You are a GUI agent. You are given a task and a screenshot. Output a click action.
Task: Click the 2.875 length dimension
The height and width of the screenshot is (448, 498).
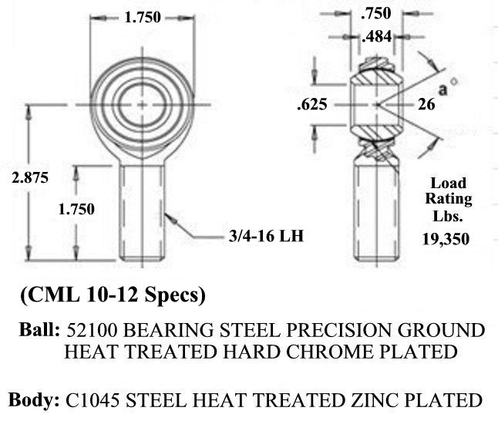tap(30, 177)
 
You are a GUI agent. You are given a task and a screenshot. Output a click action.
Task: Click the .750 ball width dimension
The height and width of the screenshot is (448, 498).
tap(376, 13)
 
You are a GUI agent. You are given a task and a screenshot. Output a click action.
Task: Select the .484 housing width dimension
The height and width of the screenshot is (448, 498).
tap(377, 36)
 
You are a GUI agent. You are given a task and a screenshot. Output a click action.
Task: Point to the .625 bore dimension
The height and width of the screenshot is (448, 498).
tap(312, 105)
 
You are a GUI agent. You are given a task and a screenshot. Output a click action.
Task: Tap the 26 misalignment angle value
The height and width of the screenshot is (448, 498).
tap(426, 104)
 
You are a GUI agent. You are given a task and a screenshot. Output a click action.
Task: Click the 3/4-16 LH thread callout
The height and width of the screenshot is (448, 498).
tap(266, 236)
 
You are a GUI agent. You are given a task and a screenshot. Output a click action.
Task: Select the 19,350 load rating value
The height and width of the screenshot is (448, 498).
tap(446, 239)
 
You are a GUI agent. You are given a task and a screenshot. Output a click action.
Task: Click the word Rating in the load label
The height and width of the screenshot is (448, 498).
tap(449, 200)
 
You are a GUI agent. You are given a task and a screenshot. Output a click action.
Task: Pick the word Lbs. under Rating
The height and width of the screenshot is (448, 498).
tap(448, 217)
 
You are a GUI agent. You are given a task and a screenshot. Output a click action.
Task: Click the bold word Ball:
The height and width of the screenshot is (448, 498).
tap(39, 329)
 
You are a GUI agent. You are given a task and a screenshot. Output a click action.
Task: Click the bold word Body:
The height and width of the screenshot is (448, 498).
tap(34, 399)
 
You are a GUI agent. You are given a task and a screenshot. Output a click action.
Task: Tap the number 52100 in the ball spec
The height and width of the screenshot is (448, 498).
tap(92, 330)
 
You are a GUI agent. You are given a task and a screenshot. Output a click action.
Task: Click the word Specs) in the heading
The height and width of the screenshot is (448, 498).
tap(175, 295)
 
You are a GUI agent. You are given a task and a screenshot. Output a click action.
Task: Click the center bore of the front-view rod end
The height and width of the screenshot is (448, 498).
tap(142, 105)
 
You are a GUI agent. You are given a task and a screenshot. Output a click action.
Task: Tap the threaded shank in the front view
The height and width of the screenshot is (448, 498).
tap(142, 212)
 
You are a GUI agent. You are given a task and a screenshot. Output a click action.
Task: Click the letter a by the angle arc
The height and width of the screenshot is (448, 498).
tap(442, 90)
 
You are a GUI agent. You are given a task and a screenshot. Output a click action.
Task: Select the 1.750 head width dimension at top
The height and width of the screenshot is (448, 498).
tap(143, 17)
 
